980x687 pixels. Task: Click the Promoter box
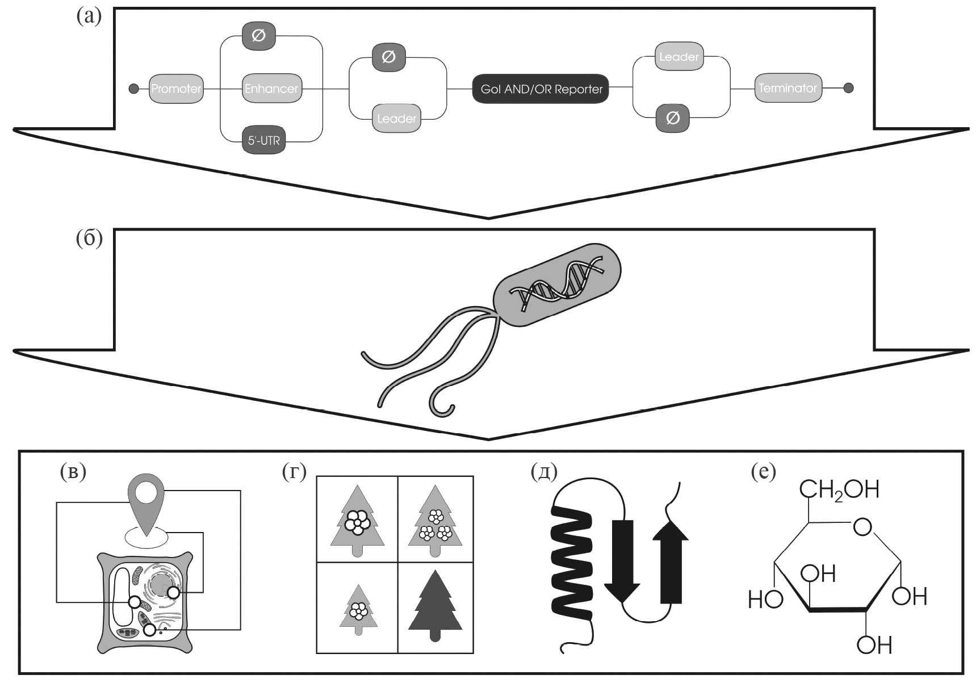coord(176,89)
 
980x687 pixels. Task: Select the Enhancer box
coord(271,89)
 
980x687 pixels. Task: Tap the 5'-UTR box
coord(264,140)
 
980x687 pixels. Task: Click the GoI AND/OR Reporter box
coord(541,89)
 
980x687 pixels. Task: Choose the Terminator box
coord(788,88)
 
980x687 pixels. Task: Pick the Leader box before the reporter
coord(396,118)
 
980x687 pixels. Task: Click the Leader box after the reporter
coord(679,57)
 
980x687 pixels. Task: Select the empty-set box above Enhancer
coord(258,36)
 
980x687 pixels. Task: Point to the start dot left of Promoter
coord(133,89)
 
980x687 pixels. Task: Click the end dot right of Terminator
coord(848,88)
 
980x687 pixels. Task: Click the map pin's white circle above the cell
coord(146,491)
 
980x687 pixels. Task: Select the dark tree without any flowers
coord(435,606)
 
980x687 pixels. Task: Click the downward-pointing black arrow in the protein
coord(623,559)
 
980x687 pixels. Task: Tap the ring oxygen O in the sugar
coord(862,527)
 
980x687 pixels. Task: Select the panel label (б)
coord(89,239)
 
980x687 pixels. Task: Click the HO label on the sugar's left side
coord(765,600)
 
